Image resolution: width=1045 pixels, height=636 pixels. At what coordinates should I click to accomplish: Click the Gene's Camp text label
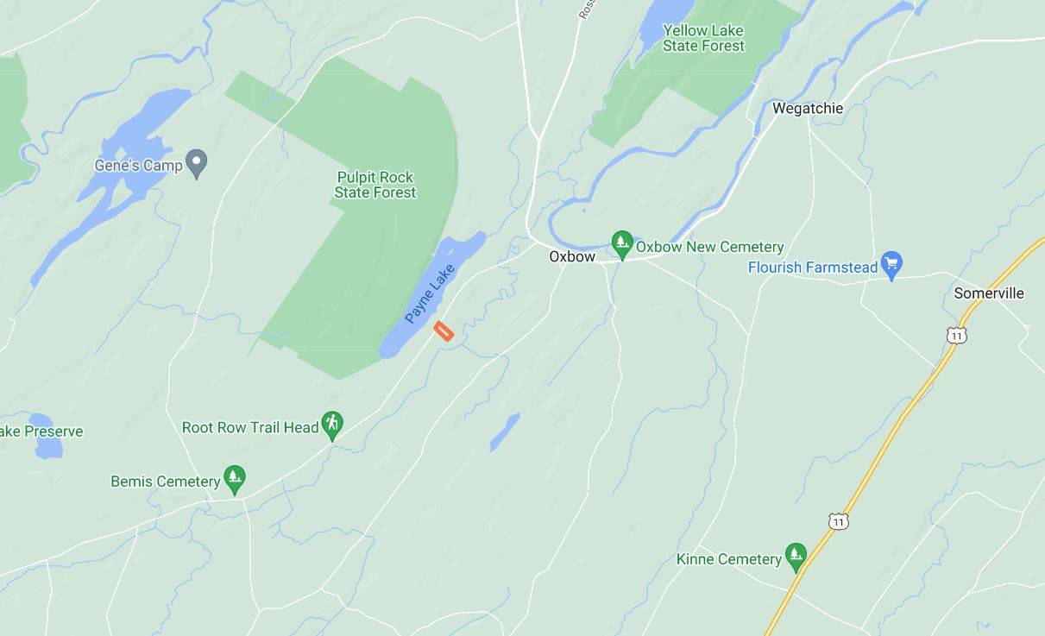(138, 165)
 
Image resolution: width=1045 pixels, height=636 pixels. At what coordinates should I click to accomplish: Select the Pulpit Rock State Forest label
(375, 185)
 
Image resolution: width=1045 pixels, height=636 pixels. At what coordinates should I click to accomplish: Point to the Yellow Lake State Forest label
(703, 38)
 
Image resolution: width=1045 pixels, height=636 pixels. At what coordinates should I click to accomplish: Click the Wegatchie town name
(807, 109)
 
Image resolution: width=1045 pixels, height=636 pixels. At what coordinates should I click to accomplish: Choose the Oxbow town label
(572, 257)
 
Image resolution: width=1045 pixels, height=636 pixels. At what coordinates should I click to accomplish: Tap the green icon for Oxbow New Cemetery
(621, 244)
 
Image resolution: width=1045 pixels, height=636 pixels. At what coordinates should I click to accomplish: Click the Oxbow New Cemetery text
(709, 248)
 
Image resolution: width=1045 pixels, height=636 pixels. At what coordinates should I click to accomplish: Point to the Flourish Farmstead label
(812, 268)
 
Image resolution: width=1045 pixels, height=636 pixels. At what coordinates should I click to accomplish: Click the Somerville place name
(989, 293)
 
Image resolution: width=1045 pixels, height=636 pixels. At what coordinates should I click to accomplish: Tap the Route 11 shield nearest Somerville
(955, 335)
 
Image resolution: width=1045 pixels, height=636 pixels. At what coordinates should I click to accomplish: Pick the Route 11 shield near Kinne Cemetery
(838, 521)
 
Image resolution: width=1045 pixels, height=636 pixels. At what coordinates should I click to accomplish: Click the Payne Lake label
(430, 294)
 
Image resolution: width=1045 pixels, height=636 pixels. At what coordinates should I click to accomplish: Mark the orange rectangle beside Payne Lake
(444, 331)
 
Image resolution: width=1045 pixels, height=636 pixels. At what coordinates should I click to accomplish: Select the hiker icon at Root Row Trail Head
(332, 424)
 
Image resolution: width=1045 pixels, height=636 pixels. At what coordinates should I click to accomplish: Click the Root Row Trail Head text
(250, 428)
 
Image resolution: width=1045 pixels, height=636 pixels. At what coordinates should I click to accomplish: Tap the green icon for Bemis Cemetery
(234, 478)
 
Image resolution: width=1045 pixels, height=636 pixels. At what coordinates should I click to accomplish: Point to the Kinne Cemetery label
(729, 559)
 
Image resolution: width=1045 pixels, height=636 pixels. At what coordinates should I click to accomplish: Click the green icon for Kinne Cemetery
(796, 556)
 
